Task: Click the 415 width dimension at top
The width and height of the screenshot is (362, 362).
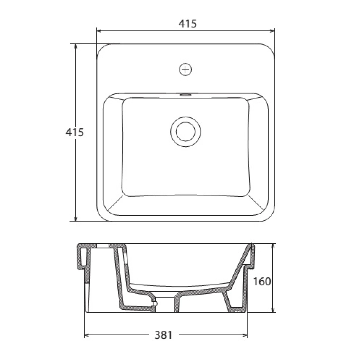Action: click(187, 24)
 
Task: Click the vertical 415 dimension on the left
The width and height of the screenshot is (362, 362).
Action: click(74, 132)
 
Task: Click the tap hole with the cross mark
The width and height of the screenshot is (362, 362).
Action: click(185, 70)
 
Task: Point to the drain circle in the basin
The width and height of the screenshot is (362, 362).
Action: click(185, 132)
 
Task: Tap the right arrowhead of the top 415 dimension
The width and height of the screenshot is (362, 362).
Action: click(272, 31)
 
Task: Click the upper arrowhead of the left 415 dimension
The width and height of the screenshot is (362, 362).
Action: click(76, 47)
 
